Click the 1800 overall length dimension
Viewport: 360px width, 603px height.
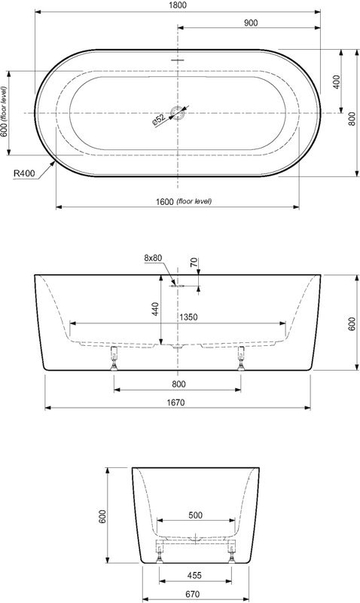178,5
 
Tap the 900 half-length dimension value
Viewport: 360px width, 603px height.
251,23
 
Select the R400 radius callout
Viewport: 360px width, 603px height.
24,173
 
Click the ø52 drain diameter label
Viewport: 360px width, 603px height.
158,120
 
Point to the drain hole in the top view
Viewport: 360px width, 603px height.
178,113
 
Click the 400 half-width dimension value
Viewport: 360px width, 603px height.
336,82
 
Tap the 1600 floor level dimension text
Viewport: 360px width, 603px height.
184,201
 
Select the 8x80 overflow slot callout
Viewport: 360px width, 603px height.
153,258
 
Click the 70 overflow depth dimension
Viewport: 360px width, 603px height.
194,262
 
